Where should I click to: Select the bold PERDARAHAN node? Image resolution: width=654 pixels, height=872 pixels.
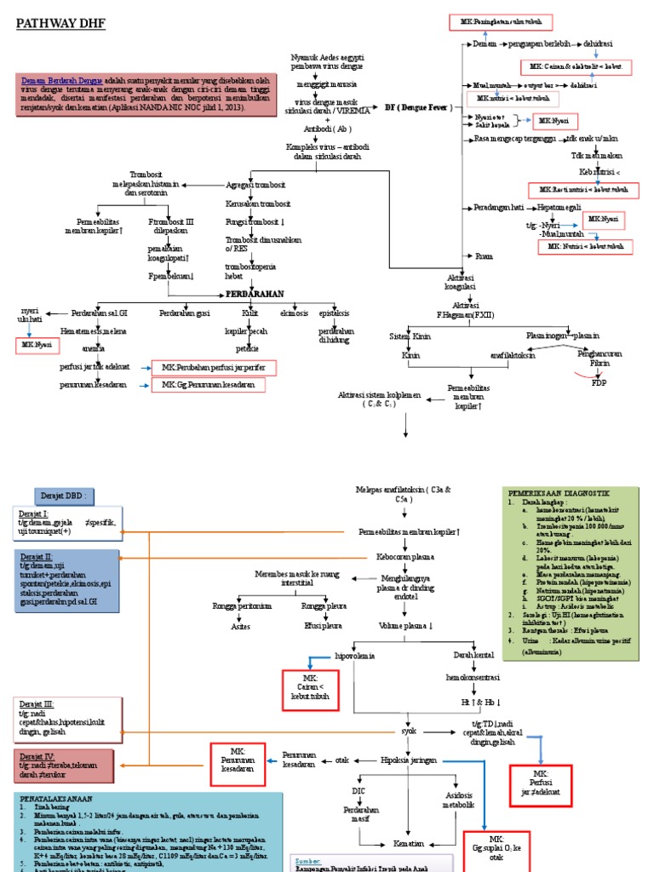coord(254,293)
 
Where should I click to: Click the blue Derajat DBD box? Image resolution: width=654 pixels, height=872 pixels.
coord(65,496)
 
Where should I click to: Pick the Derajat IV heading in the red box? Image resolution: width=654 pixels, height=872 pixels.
coord(37,755)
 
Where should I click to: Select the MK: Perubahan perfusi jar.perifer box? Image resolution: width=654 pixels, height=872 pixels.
coord(208,367)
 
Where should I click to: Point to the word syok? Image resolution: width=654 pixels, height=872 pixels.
coord(409,730)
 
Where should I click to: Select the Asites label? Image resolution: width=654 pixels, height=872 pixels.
coord(243,625)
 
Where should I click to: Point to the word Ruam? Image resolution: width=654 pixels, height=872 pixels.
coord(485,255)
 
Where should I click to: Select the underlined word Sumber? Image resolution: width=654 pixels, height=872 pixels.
coord(308,860)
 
